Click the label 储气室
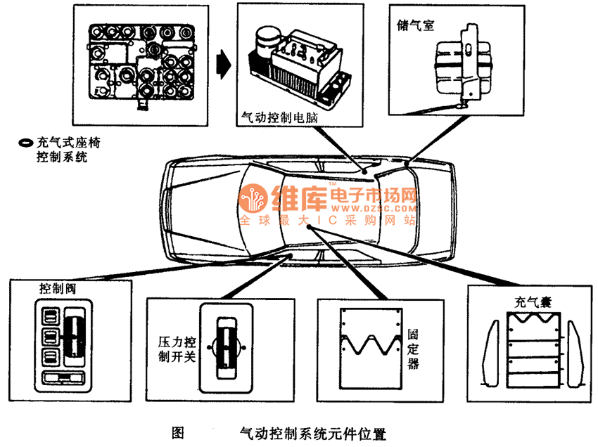(x=415, y=25)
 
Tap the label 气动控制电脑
(x=279, y=117)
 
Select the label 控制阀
(x=58, y=288)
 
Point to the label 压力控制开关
(x=177, y=349)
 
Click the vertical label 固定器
(x=413, y=349)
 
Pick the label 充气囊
(x=533, y=302)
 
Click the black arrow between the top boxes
(x=224, y=65)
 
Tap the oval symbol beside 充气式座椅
(x=26, y=143)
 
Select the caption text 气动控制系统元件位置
(x=313, y=433)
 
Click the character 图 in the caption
(x=178, y=432)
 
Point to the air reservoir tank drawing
(x=463, y=66)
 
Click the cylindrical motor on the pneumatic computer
(x=269, y=42)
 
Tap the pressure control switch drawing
(x=226, y=348)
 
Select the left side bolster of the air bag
(x=491, y=354)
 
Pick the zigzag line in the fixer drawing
(x=371, y=344)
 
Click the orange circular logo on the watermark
(x=253, y=198)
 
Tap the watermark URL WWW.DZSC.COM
(x=374, y=209)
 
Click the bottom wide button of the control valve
(x=63, y=378)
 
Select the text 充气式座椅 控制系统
(x=68, y=150)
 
